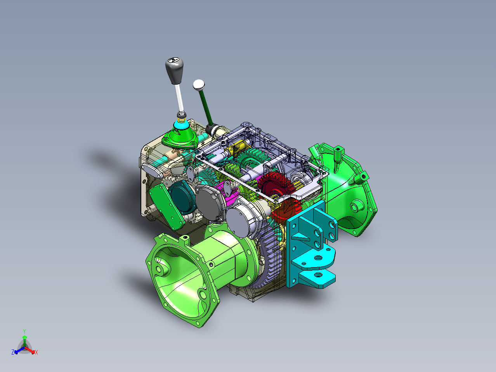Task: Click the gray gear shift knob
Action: point(174,71)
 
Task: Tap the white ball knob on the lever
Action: point(199,85)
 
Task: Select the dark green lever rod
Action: point(206,108)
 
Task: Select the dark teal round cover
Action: point(182,198)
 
